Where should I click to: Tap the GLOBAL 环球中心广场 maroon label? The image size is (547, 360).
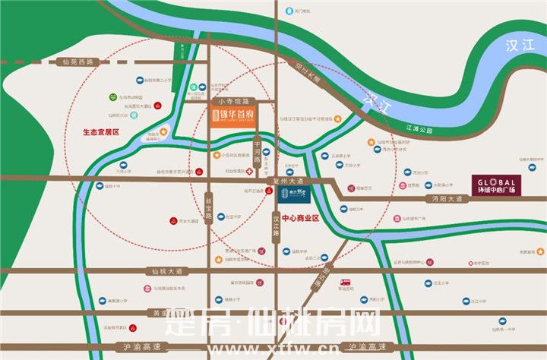point(496,185)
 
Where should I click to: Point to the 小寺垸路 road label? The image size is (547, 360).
point(233,100)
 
